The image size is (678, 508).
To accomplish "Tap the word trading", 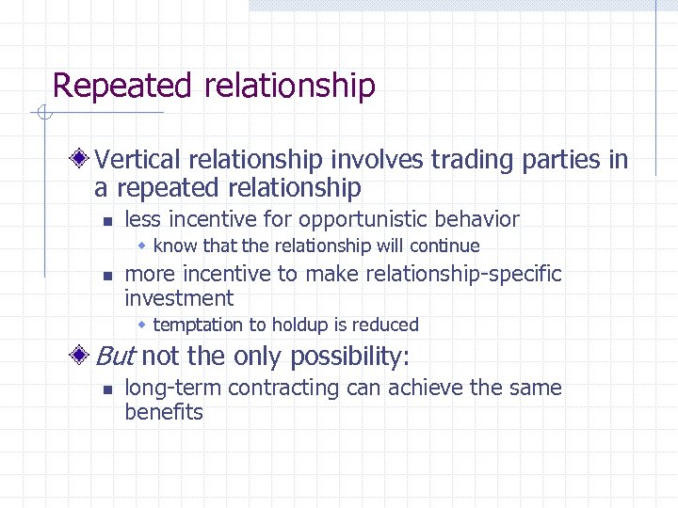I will click(473, 160).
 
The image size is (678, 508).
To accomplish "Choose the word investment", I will click(179, 299).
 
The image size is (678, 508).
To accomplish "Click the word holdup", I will click(298, 325).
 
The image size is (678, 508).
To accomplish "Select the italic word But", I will click(116, 357).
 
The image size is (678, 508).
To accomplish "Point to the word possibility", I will click(347, 357).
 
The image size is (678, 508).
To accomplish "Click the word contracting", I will click(282, 389).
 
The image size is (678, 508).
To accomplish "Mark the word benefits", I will click(164, 412).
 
